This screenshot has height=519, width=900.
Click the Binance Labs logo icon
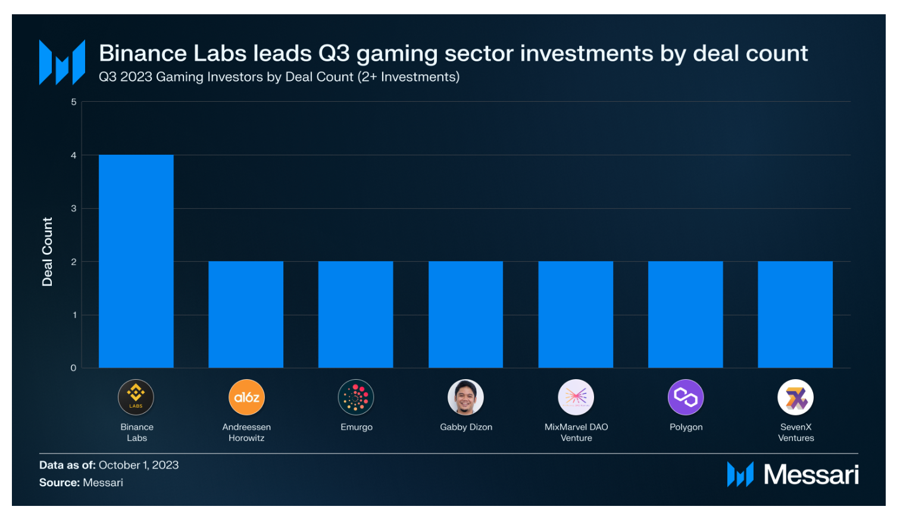(136, 397)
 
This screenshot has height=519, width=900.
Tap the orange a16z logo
(246, 397)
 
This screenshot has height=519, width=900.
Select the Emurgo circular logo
(356, 397)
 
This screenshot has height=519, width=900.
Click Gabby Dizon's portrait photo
(465, 397)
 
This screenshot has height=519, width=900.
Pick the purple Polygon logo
(686, 397)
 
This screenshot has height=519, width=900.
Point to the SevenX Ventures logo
(795, 397)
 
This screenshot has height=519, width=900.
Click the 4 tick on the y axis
(74, 155)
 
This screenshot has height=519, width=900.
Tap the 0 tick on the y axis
(74, 368)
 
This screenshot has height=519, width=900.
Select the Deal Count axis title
(48, 251)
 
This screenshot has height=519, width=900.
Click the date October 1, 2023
(139, 465)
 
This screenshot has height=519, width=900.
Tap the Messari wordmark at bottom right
(811, 474)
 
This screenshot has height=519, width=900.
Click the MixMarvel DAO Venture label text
(576, 432)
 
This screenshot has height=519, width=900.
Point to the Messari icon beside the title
(62, 62)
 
